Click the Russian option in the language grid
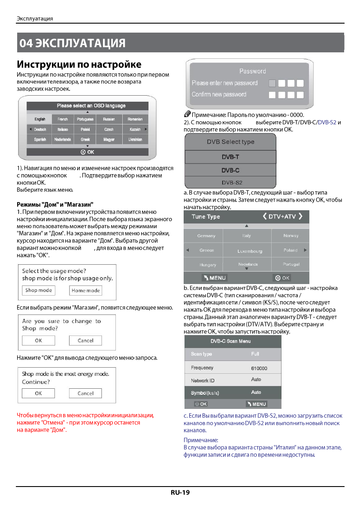click(x=109, y=119)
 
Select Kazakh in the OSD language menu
click(x=135, y=129)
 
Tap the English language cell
click(x=40, y=119)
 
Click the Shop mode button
click(x=39, y=290)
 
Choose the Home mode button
click(x=86, y=290)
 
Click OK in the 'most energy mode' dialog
click(x=39, y=393)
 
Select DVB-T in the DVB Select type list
click(x=230, y=157)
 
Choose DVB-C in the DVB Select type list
click(x=230, y=170)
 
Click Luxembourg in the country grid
click(x=250, y=251)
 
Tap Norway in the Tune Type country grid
click(x=291, y=236)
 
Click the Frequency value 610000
click(x=259, y=369)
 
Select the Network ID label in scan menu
click(x=203, y=381)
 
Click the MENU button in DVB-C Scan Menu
click(x=257, y=404)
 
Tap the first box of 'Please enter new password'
click(x=272, y=83)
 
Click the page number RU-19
click(x=180, y=492)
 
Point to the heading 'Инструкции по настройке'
click(x=79, y=65)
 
